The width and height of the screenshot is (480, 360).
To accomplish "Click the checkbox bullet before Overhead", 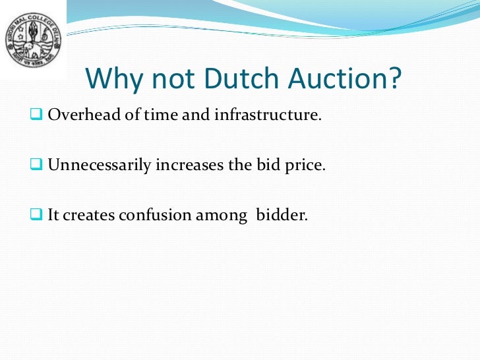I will pyautogui.click(x=36, y=115).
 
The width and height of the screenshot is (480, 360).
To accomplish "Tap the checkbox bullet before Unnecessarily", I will pyautogui.click(x=36, y=164).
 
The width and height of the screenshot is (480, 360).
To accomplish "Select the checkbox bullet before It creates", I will pyautogui.click(x=36, y=214).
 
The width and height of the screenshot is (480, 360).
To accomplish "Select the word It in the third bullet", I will pyautogui.click(x=54, y=214).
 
